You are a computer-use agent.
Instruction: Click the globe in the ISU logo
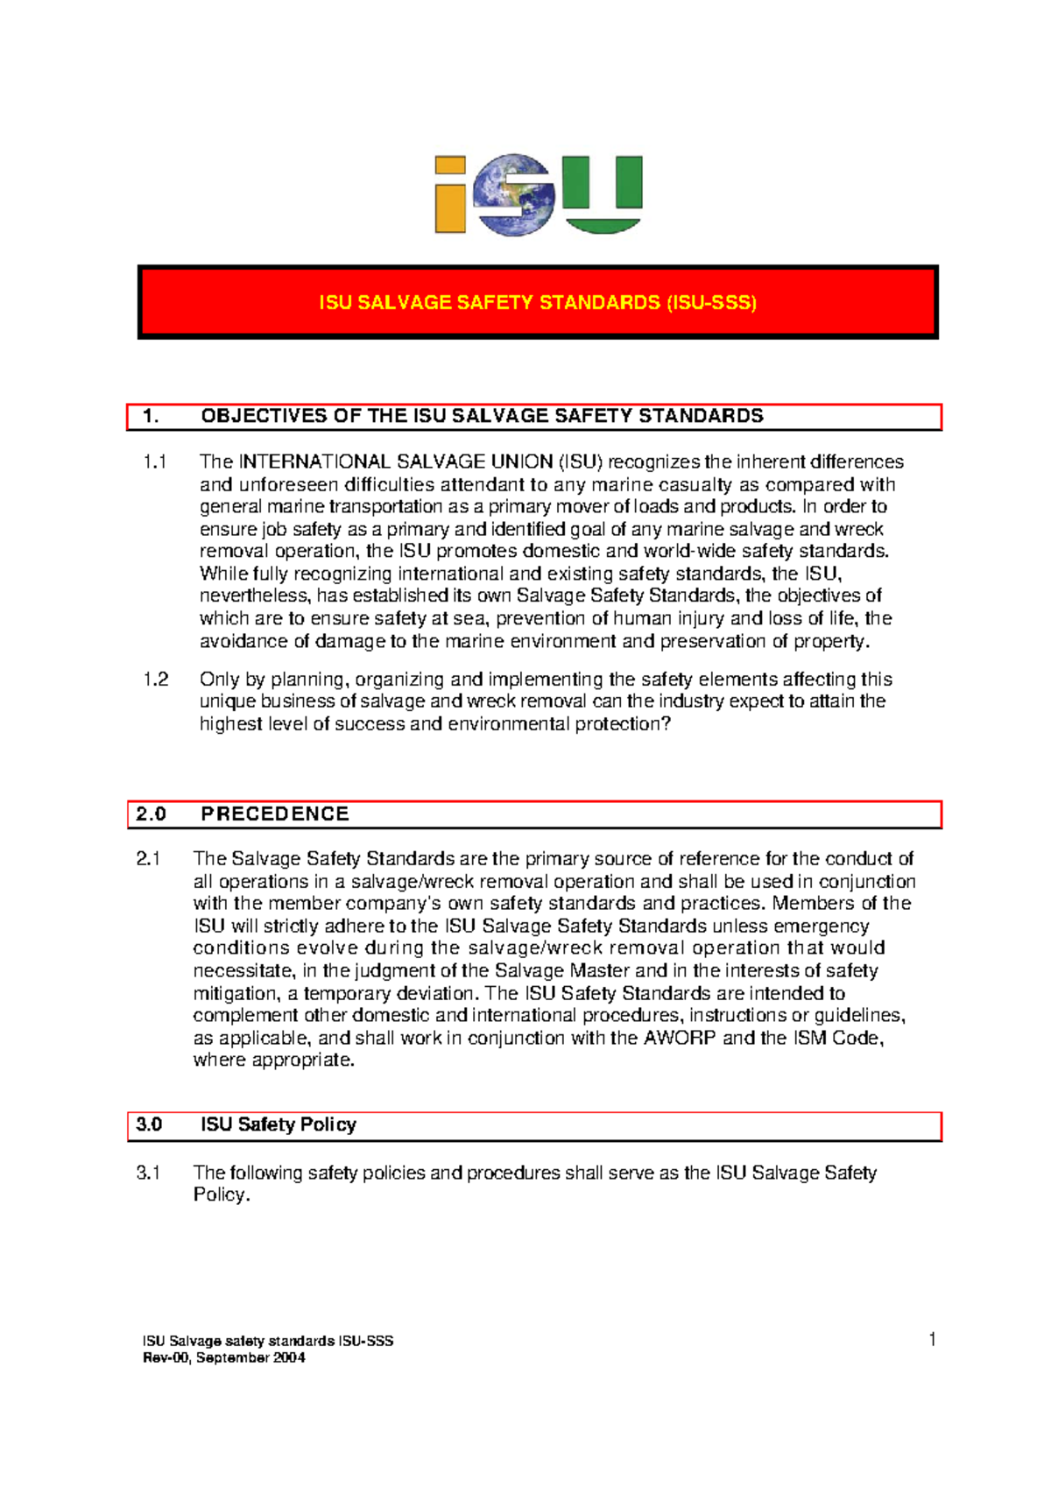tap(514, 194)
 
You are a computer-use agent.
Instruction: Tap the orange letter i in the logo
tap(450, 196)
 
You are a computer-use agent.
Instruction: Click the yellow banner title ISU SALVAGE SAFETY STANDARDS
tap(538, 303)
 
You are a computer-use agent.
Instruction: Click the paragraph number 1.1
tap(155, 462)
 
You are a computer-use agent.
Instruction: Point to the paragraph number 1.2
tap(156, 680)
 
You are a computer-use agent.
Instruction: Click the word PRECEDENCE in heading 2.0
tap(274, 814)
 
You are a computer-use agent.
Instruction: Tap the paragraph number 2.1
tap(148, 859)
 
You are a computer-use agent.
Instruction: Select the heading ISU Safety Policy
tap(278, 1125)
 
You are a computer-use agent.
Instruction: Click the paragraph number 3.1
tap(148, 1173)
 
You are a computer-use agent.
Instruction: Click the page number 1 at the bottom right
tap(933, 1339)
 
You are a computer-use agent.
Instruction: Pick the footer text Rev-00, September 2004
tap(223, 1358)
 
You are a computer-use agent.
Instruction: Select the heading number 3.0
tap(149, 1125)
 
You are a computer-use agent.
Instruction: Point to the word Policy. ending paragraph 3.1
tap(222, 1195)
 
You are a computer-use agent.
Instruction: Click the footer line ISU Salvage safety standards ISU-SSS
tap(268, 1342)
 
